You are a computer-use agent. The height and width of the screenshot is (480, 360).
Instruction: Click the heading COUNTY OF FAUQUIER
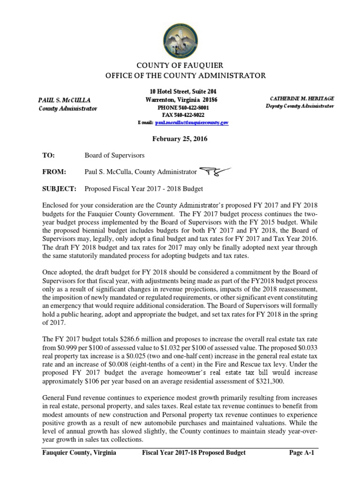(x=180, y=65)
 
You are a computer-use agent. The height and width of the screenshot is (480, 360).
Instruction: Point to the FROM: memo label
(x=53, y=172)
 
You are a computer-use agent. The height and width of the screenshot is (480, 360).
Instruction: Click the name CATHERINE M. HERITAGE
(x=302, y=98)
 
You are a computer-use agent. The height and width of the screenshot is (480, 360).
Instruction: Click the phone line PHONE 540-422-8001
(x=180, y=107)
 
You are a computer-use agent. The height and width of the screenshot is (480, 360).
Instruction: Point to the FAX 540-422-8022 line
(x=180, y=114)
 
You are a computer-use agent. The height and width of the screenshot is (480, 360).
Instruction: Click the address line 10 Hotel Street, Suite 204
(x=180, y=92)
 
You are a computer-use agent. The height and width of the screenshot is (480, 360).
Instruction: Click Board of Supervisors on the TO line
(x=114, y=155)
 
